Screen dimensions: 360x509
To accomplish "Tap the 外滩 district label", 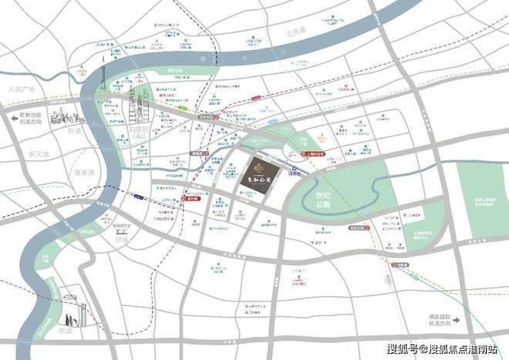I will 74,131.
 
